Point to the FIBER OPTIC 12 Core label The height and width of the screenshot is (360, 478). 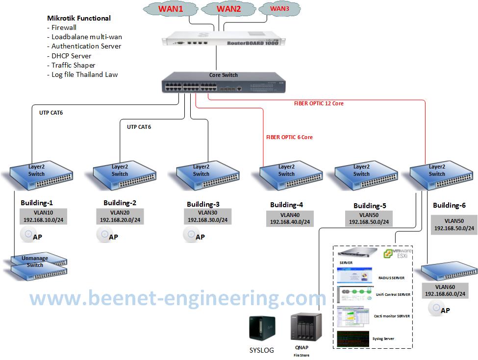[x=319, y=104]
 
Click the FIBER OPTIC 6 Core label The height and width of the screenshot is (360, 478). [x=289, y=137]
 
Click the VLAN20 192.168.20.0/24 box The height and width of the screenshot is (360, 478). [x=120, y=216]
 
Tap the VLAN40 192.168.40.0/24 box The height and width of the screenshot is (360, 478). [x=290, y=219]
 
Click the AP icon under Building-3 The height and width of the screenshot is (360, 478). [x=189, y=236]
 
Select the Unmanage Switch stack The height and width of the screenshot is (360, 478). [x=37, y=264]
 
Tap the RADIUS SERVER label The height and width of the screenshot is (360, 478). [x=391, y=278]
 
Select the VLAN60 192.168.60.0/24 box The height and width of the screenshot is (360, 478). [x=444, y=290]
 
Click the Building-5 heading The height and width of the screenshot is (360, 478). [x=370, y=206]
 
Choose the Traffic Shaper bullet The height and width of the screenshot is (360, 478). [x=73, y=65]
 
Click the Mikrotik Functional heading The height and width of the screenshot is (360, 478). [x=78, y=18]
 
